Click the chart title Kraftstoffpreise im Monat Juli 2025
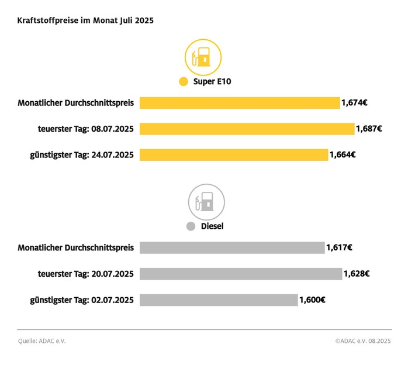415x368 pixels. tap(85, 20)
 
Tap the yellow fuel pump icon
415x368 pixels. tap(203, 57)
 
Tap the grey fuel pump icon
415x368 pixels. tap(206, 202)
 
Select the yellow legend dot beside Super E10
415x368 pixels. tap(184, 82)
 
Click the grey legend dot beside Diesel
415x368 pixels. tap(190, 226)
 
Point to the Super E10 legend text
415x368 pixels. tap(212, 82)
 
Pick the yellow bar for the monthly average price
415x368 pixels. tap(240, 103)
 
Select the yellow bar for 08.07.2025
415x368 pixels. tap(247, 129)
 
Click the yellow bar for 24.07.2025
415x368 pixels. tap(234, 155)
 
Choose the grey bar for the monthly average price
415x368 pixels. tap(232, 247)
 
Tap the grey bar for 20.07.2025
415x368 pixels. tap(241, 274)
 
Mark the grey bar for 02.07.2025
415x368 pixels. tap(219, 300)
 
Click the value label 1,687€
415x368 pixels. tap(369, 129)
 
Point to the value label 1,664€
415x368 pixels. tap(343, 155)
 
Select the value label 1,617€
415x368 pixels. tap(339, 247)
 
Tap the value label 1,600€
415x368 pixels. tap(312, 300)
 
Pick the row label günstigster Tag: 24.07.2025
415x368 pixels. tap(82, 155)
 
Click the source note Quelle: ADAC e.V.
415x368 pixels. tap(41, 341)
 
